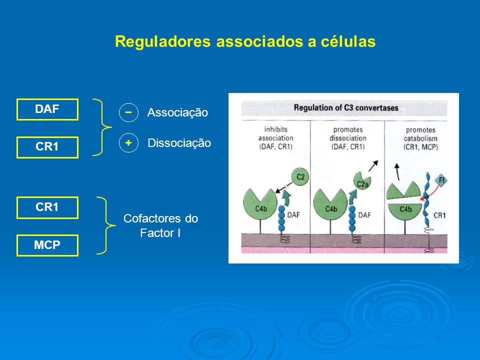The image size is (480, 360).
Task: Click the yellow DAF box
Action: coord(47,109)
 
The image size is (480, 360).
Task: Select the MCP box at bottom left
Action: coord(47,245)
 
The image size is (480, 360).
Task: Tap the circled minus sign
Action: coord(128,112)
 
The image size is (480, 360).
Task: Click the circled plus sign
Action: coord(128,142)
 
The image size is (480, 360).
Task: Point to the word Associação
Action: coord(177,112)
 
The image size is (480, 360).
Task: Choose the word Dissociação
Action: coord(179,143)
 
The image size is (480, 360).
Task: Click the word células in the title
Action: coord(348,41)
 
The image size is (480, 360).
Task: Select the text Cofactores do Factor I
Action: coord(160,225)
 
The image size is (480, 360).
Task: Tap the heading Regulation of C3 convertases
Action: coord(346,108)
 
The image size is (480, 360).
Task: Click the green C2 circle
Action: coord(300,176)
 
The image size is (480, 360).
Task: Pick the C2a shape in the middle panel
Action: coord(362,181)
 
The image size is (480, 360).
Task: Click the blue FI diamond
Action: coord(441,180)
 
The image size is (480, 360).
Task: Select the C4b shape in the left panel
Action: coord(260,204)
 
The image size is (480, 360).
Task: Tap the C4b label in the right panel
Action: coord(405,209)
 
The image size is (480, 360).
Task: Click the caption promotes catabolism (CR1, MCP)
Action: coord(420,138)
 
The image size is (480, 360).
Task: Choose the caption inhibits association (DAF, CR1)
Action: coord(276,138)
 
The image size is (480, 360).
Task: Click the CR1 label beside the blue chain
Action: coord(439,215)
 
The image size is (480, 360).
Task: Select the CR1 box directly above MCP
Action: coord(47,207)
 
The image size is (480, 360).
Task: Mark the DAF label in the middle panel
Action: coord(364,215)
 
